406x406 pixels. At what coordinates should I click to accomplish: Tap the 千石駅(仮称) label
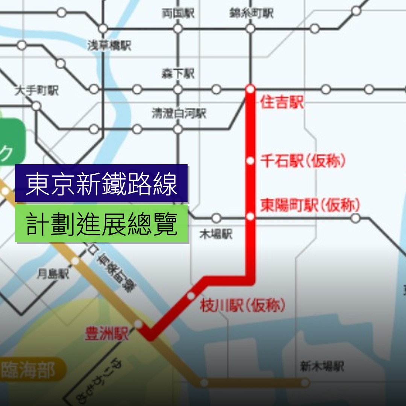tap(303, 161)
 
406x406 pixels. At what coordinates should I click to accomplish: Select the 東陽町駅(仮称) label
tap(310, 206)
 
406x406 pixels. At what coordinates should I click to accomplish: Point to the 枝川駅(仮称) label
tap(242, 306)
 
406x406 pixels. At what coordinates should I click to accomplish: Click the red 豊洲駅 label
tap(107, 334)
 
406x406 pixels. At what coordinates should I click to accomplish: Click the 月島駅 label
tap(53, 274)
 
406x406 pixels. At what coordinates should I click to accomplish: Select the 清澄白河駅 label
tap(179, 114)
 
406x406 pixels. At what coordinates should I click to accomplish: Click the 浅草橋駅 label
tap(109, 46)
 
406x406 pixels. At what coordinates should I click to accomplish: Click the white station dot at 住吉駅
tap(250, 89)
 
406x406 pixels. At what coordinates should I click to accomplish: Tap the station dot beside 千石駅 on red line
tap(250, 161)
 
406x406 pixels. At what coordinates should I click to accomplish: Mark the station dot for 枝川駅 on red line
tap(191, 296)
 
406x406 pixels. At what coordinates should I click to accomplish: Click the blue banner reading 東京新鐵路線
tap(101, 184)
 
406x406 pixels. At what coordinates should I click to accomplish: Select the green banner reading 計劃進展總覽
tap(101, 224)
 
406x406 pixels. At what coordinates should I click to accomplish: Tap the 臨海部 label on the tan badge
tap(28, 370)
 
